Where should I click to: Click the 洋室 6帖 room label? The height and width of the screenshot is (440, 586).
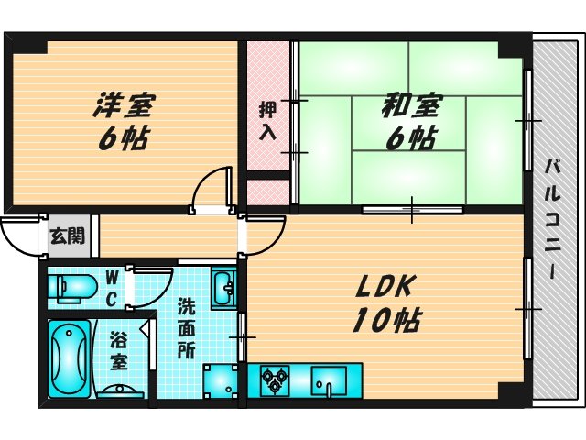pyautogui.click(x=121, y=121)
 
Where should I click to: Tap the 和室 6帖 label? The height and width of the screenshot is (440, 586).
pyautogui.click(x=409, y=122)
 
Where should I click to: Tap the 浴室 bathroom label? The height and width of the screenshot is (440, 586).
pyautogui.click(x=120, y=349)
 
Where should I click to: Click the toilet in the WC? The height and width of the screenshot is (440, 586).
pyautogui.click(x=71, y=288)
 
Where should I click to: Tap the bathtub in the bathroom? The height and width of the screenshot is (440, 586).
pyautogui.click(x=66, y=358)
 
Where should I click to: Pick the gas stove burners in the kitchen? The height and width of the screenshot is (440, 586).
pyautogui.click(x=275, y=379)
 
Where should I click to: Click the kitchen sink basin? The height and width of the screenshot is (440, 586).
pyautogui.click(x=330, y=379)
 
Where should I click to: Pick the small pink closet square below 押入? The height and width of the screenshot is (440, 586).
pyautogui.click(x=267, y=192)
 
